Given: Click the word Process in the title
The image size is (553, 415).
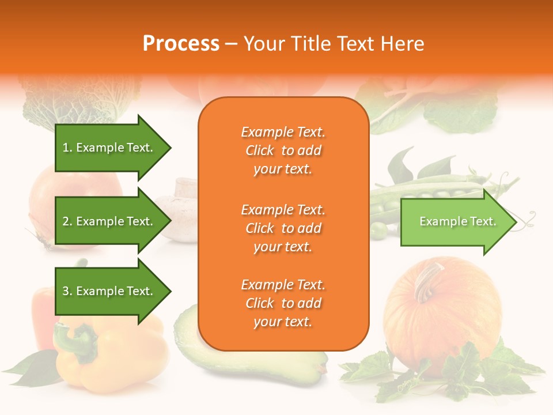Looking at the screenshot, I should (181, 44).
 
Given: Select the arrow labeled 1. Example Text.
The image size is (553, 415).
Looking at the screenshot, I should (109, 148).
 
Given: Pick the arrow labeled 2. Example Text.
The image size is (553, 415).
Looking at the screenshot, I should (109, 221).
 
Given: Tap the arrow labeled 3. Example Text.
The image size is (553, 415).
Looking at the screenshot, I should (109, 291).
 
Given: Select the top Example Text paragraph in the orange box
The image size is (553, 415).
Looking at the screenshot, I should (283, 150).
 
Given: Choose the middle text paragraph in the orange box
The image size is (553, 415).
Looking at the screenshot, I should (283, 228).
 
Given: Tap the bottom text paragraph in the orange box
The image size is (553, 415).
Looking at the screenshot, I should (283, 303).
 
